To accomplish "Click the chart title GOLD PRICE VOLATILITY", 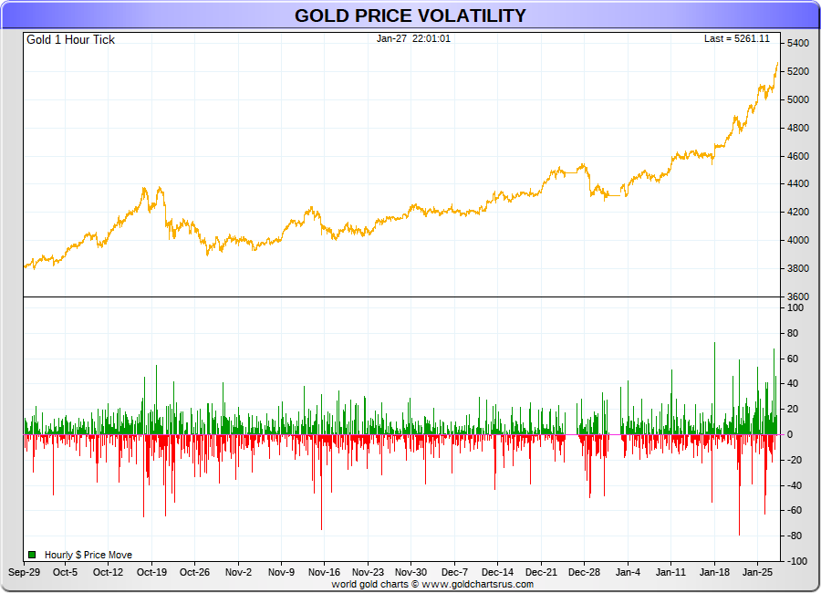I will pyautogui.click(x=410, y=16).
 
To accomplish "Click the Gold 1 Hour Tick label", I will pyautogui.click(x=70, y=40).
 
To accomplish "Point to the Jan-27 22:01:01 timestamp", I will pyautogui.click(x=412, y=39).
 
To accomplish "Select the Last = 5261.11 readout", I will pyautogui.click(x=737, y=39).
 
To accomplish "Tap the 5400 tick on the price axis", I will pyautogui.click(x=798, y=44).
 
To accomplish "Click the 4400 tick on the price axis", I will pyautogui.click(x=798, y=184).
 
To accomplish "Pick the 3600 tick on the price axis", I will pyautogui.click(x=798, y=297).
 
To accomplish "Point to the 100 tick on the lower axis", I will pyautogui.click(x=795, y=308).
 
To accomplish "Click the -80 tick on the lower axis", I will pyautogui.click(x=795, y=536).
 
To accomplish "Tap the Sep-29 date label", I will pyautogui.click(x=24, y=573).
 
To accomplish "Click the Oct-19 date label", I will pyautogui.click(x=151, y=573).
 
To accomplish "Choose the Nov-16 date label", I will pyautogui.click(x=324, y=573).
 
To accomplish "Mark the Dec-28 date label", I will pyautogui.click(x=584, y=573).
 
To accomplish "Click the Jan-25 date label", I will pyautogui.click(x=757, y=573).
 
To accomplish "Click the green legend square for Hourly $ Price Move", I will pyautogui.click(x=32, y=555).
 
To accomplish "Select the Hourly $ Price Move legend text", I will pyautogui.click(x=88, y=555).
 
